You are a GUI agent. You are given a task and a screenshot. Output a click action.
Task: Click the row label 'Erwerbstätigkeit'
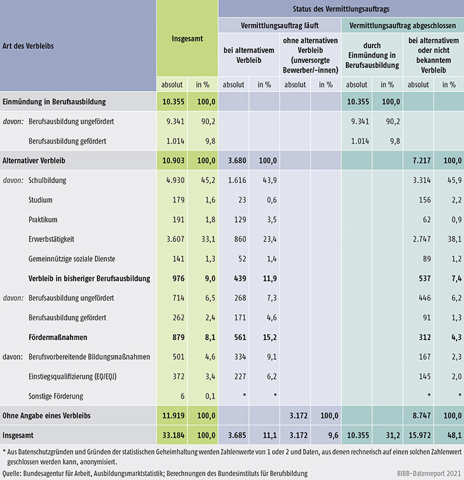[53, 240]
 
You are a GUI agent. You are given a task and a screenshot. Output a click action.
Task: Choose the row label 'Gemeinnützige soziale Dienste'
[72, 259]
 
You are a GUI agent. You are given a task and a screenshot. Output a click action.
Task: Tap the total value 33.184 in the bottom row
[172, 435]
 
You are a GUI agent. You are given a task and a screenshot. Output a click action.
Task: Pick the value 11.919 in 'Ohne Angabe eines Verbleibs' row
[172, 416]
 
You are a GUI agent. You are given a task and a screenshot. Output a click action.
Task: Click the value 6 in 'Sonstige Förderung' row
[182, 396]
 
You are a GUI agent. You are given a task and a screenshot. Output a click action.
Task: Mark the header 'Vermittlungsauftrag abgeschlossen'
[403, 26]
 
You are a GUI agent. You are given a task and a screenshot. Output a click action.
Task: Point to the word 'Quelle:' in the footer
[14, 474]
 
